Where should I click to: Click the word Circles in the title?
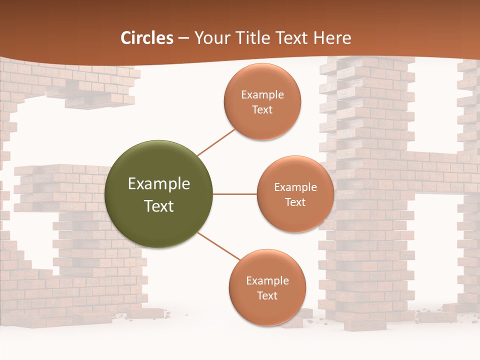(147, 38)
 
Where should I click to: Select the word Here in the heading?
(332, 38)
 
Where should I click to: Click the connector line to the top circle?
(216, 142)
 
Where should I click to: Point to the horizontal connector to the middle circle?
(234, 194)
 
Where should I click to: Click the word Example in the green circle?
(159, 184)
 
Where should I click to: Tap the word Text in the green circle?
(159, 206)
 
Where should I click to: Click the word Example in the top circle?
(262, 95)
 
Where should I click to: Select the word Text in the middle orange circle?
(295, 202)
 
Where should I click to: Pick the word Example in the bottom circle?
(267, 281)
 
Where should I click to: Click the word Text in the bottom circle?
(267, 295)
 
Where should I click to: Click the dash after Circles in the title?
(183, 38)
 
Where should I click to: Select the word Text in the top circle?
(262, 109)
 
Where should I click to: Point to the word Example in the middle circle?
(295, 187)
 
